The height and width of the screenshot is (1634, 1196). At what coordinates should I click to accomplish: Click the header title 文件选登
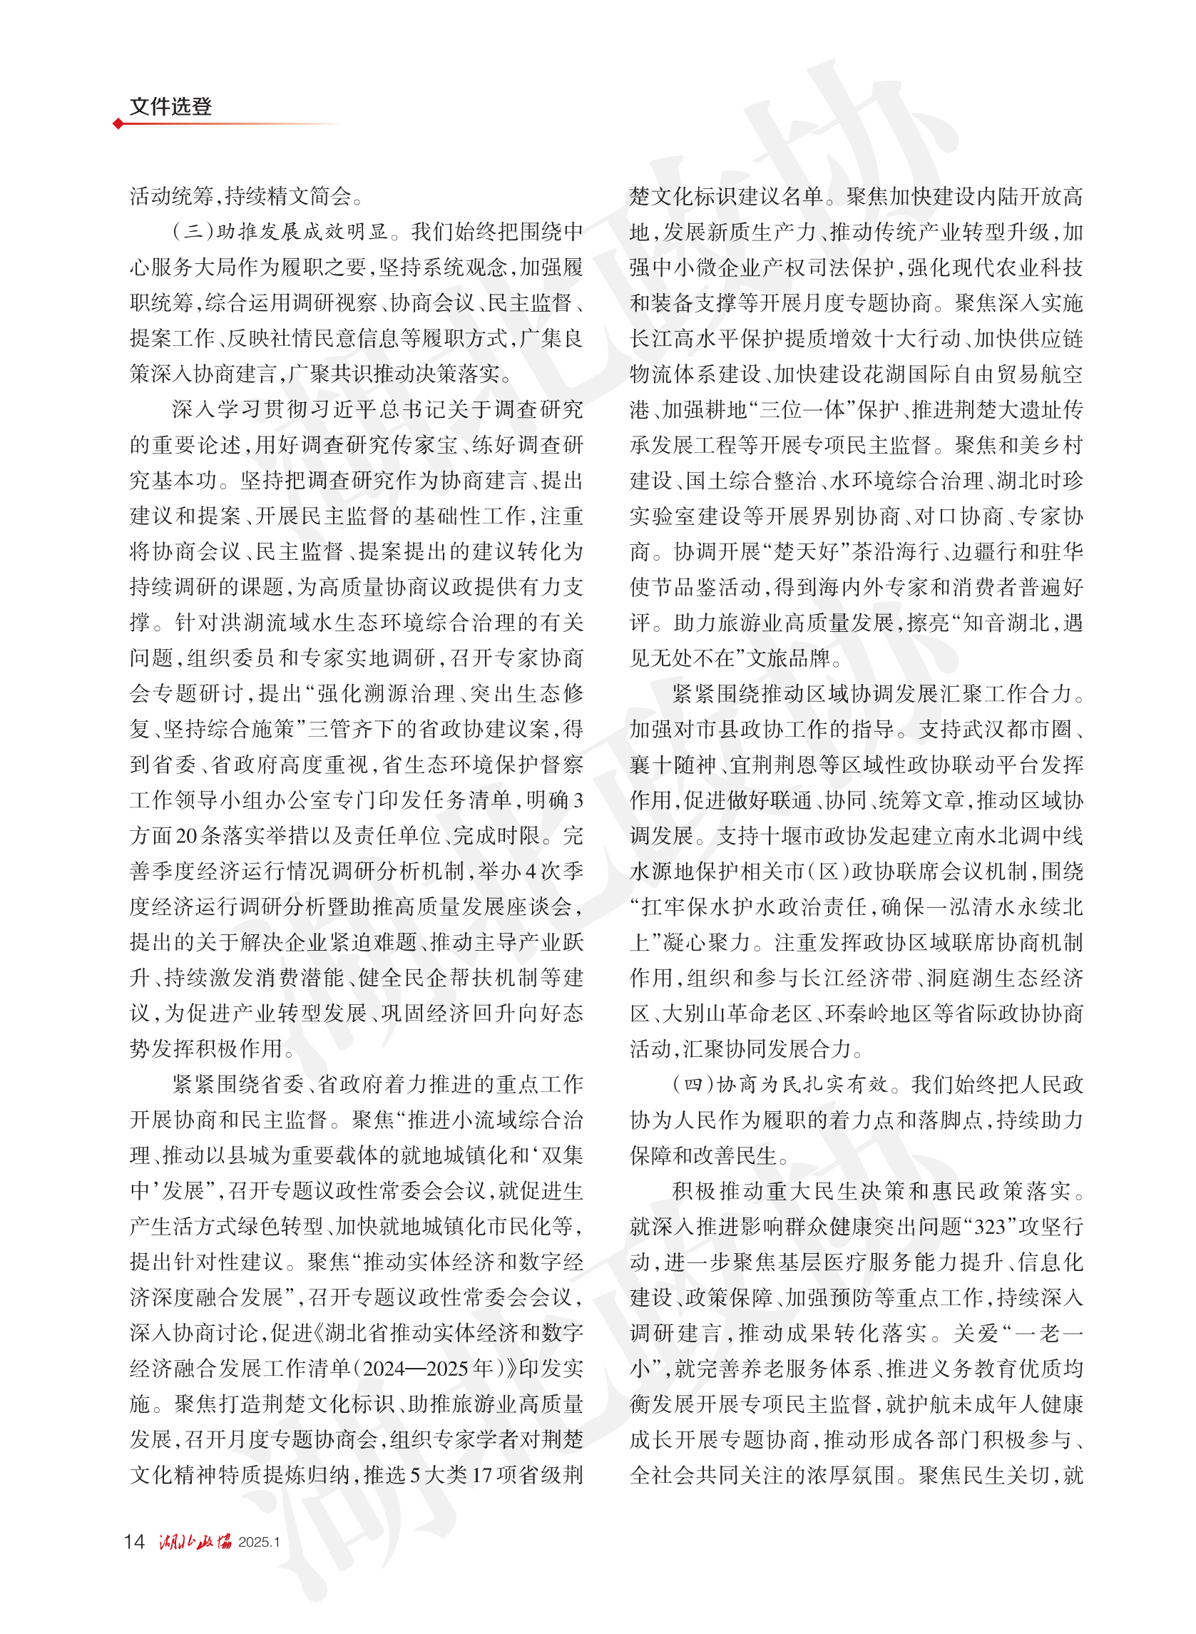coord(170,106)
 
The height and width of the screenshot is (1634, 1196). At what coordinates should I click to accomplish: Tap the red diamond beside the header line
coord(118,124)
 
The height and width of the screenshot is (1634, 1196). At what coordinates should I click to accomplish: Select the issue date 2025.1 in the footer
coord(259,1542)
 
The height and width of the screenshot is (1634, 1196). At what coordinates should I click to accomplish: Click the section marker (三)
coord(193,232)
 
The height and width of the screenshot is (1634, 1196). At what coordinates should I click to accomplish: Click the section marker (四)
coord(692,1085)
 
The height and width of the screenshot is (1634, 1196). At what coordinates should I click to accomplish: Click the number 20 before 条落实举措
coord(187,836)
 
